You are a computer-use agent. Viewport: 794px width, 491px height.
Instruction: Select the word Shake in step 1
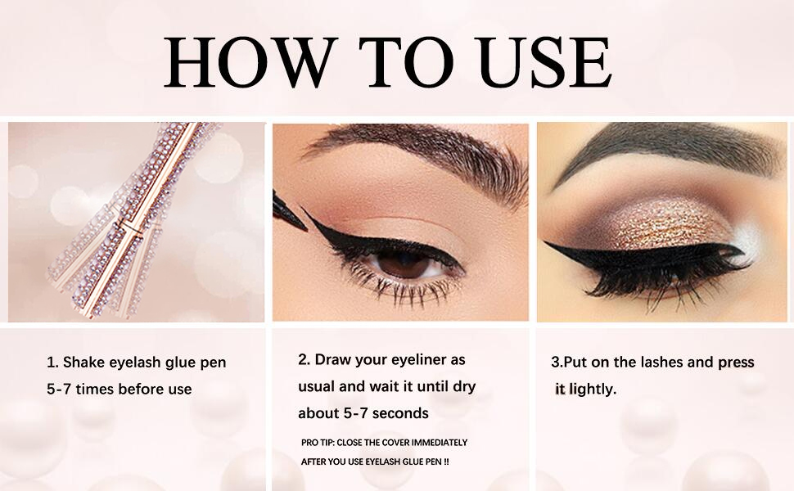point(84,362)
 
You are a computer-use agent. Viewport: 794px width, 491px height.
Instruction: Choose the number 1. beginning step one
point(52,362)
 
